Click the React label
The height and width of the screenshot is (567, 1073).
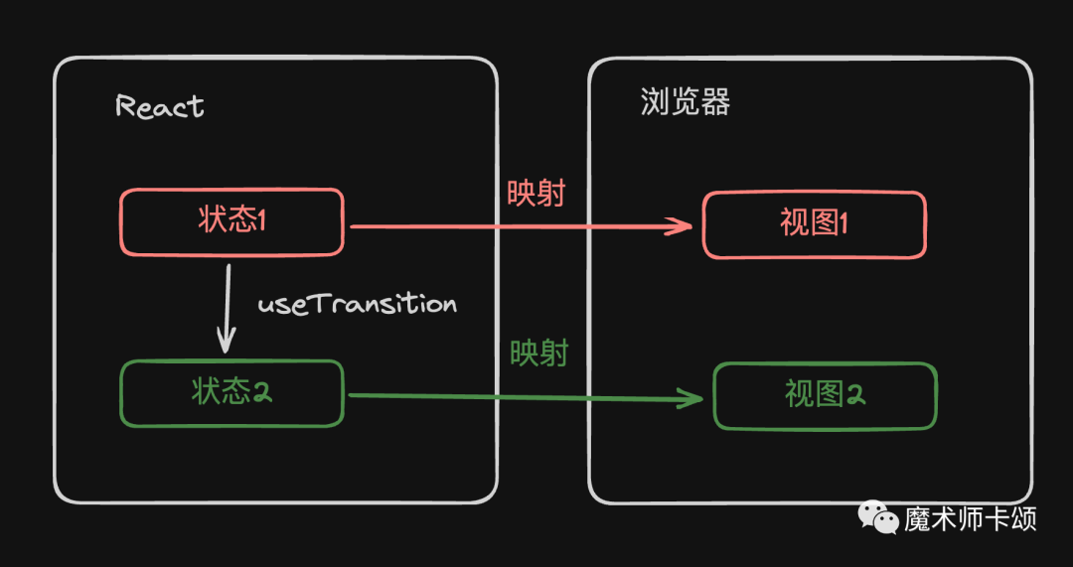pyautogui.click(x=160, y=106)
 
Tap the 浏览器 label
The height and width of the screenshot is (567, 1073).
pyautogui.click(x=686, y=102)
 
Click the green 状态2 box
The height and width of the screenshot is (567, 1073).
pyautogui.click(x=231, y=393)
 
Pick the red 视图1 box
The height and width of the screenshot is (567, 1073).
pyautogui.click(x=815, y=225)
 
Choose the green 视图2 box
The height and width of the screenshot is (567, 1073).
pyautogui.click(x=825, y=396)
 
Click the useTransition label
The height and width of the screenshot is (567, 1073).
pyautogui.click(x=358, y=304)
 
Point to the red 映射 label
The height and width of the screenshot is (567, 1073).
pyautogui.click(x=536, y=193)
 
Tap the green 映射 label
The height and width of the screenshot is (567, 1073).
pyautogui.click(x=538, y=353)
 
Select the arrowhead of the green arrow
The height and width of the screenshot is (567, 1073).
pyautogui.click(x=693, y=400)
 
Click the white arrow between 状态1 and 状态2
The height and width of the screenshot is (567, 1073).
pyautogui.click(x=228, y=308)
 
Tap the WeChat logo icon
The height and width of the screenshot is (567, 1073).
pyautogui.click(x=877, y=517)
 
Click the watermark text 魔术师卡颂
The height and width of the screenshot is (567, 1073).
pyautogui.click(x=970, y=518)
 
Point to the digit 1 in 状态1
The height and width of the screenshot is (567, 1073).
pyautogui.click(x=261, y=220)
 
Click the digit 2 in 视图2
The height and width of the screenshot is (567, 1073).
pyautogui.click(x=855, y=395)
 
